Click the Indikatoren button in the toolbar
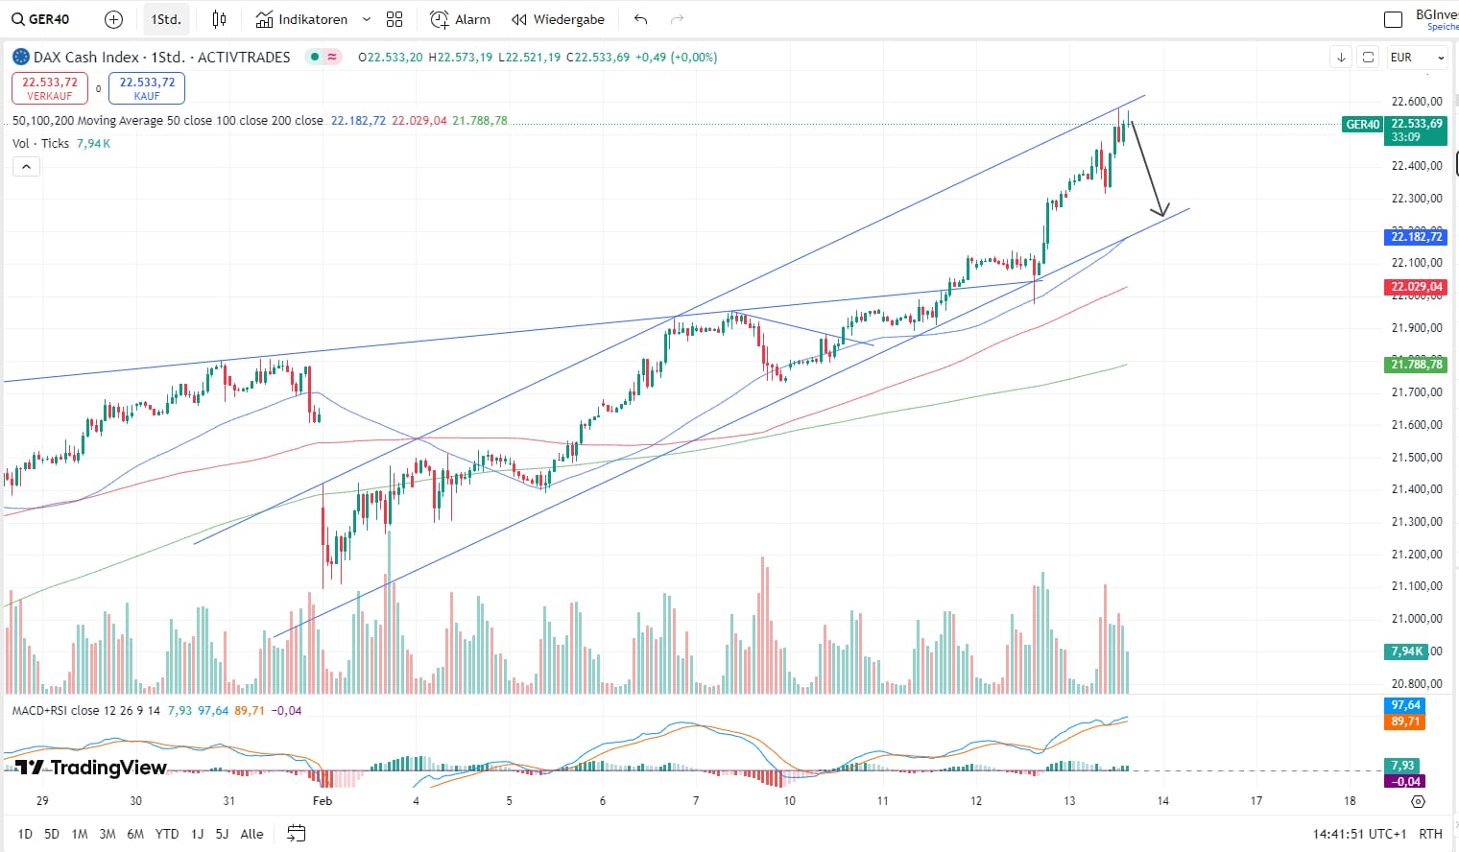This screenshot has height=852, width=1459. (302, 19)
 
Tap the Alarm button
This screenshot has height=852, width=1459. (460, 19)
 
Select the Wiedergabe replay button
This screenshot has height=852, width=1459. (558, 19)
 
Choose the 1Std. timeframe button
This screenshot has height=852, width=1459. (166, 19)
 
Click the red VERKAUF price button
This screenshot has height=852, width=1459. (50, 88)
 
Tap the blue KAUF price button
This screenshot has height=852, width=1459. (147, 88)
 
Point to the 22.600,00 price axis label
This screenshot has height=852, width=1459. (1416, 101)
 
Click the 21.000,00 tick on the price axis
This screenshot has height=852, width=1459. (1416, 619)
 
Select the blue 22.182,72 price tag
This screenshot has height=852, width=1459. (1416, 236)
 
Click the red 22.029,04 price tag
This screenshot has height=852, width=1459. (1416, 287)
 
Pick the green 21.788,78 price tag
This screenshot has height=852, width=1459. (1416, 364)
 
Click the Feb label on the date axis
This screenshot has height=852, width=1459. (323, 800)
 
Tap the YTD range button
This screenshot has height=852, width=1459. (167, 834)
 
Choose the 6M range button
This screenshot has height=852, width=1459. (135, 834)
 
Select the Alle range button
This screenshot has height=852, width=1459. (251, 834)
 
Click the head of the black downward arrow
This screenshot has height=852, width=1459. (1162, 213)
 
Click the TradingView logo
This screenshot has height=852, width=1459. (91, 768)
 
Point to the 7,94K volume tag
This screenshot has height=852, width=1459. (1407, 651)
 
